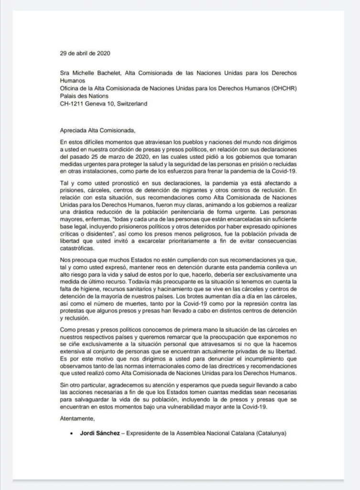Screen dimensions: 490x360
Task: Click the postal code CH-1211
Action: [73, 103]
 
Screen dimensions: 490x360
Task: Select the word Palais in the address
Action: [68, 96]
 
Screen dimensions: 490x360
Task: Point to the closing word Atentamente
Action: [76, 418]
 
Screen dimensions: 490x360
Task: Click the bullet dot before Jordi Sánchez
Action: [71, 434]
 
